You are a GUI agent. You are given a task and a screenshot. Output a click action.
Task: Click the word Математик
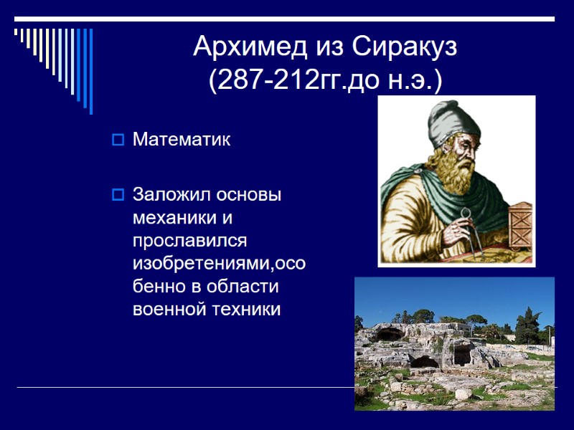pyautogui.click(x=182, y=139)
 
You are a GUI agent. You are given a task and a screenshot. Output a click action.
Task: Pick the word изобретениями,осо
pyautogui.click(x=220, y=264)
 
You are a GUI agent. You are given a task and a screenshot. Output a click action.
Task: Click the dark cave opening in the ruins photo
pyautogui.click(x=391, y=334)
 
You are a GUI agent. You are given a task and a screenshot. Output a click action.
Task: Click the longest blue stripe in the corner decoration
pyautogui.click(x=90, y=71)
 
